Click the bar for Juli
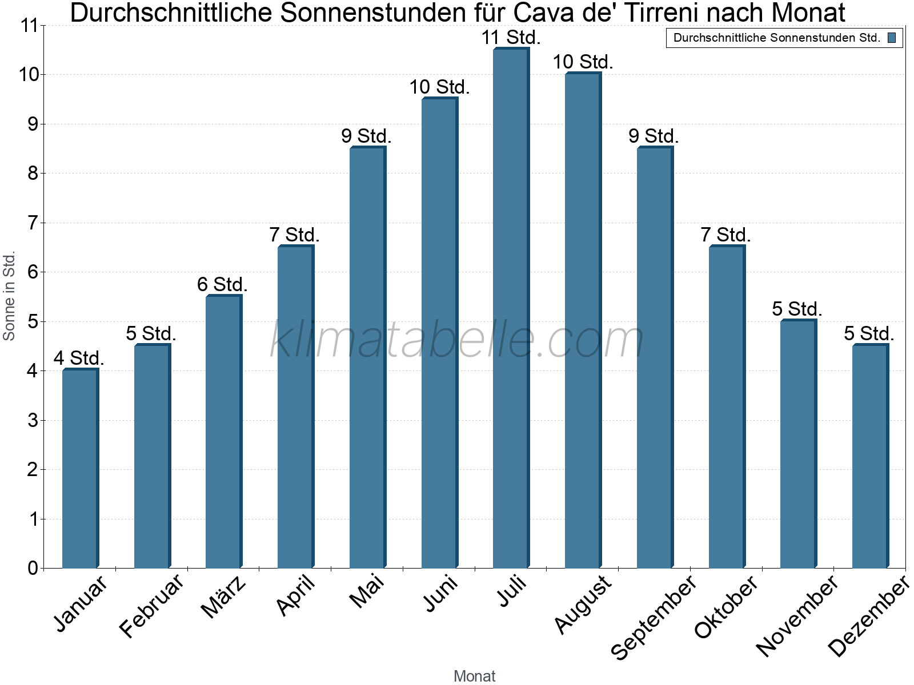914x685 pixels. tap(511, 308)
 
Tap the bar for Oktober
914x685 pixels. tap(727, 406)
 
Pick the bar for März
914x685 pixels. tap(223, 432)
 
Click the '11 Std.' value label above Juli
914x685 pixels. tap(511, 38)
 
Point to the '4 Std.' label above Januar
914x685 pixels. tap(79, 358)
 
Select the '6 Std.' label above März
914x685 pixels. tap(222, 284)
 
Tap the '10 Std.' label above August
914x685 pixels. tap(583, 62)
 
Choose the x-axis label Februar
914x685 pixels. tap(152, 605)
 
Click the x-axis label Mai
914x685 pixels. tap(367, 592)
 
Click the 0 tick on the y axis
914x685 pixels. tap(33, 568)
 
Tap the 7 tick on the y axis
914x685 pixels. tap(33, 223)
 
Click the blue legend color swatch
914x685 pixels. tap(892, 38)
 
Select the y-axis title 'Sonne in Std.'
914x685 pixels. tap(9, 296)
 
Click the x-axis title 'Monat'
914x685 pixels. tap(474, 676)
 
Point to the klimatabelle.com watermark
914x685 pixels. tap(457, 340)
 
